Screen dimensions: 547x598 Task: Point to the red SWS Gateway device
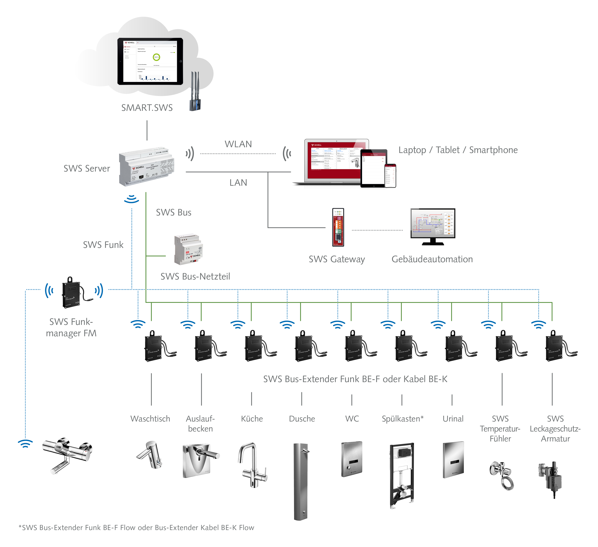tap(338, 227)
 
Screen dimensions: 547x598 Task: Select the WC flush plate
tap(352, 459)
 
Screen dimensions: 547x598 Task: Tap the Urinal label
tap(453, 419)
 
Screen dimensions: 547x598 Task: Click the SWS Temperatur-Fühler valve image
tap(501, 475)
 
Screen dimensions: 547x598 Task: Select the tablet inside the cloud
tap(150, 61)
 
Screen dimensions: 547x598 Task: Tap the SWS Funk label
tap(103, 245)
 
